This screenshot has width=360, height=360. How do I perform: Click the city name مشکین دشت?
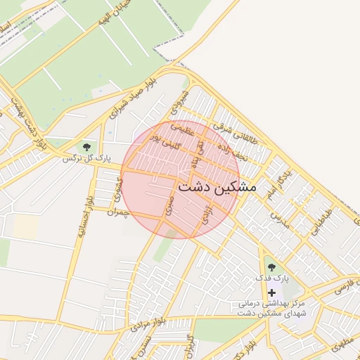point(217,188)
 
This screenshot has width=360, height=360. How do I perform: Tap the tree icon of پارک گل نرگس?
point(86,147)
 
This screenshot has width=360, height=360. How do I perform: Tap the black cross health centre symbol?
point(271,292)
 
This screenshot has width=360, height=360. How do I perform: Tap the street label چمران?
point(119,212)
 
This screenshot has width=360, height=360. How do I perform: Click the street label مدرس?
point(281,217)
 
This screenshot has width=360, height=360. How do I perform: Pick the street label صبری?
point(169,205)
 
